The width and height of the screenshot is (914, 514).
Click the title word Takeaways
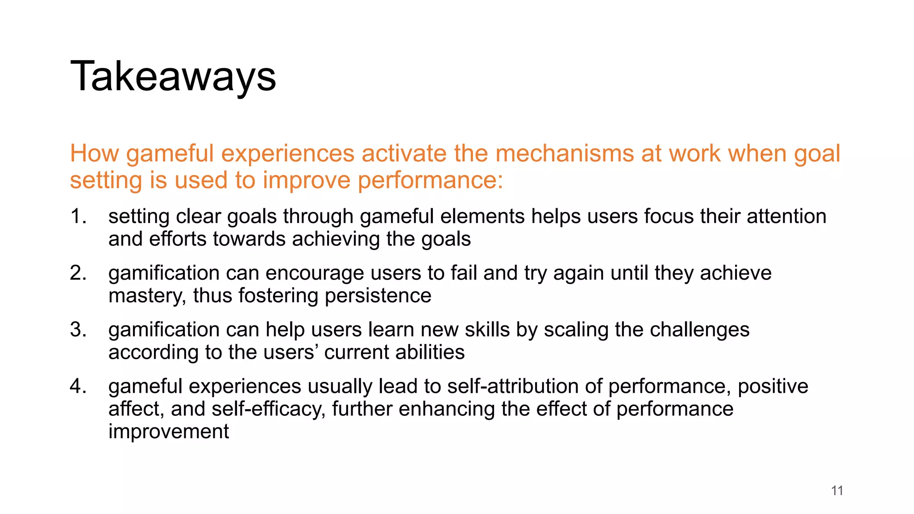point(173,77)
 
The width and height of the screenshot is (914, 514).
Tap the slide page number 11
point(837,491)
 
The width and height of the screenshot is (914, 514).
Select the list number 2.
point(78,273)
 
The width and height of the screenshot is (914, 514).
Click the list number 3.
point(78,330)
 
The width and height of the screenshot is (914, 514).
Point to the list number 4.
point(78,386)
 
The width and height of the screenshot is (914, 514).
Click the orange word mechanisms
point(565,154)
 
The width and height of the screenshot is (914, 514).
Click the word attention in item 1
point(786,216)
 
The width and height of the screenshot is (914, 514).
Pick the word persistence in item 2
point(378,296)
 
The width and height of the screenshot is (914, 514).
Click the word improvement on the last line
point(169,432)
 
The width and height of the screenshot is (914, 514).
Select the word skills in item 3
point(487,330)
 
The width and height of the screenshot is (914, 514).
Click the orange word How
point(94,154)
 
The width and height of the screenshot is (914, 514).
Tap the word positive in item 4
point(773,386)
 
